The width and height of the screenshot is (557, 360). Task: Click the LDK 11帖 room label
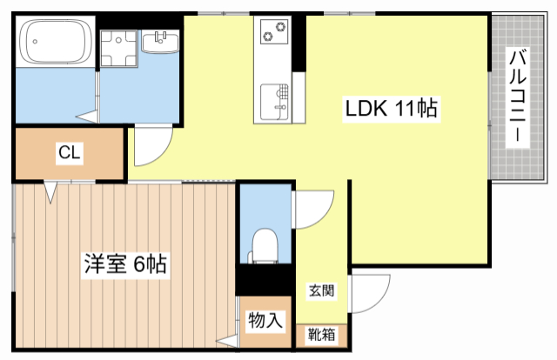[x=391, y=110]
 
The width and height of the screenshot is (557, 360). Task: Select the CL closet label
[x=70, y=154]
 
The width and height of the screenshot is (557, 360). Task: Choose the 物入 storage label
[x=265, y=320]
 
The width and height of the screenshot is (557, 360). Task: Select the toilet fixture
[x=262, y=244]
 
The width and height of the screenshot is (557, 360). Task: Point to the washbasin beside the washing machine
[x=159, y=42]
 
